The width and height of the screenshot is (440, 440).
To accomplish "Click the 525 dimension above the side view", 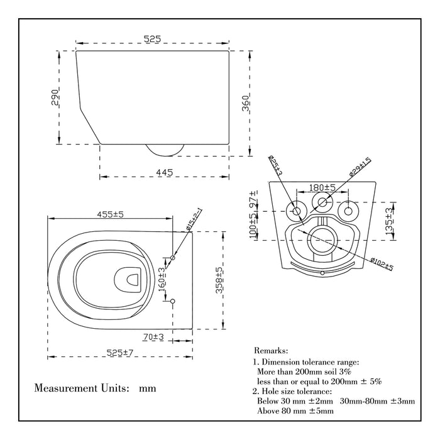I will coord(152,39).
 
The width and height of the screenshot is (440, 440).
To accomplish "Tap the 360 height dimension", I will coord(246,102).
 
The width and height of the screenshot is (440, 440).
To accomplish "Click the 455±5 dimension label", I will coord(110,214).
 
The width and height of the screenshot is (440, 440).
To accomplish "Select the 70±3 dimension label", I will coord(153,338).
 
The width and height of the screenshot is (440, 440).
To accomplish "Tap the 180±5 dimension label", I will coord(322,187).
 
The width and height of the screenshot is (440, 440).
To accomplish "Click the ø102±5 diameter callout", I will coord(382,265).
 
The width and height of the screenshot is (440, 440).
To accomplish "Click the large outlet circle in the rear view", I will coord(322,239).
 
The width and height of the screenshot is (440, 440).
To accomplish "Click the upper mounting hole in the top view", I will coord(173,258).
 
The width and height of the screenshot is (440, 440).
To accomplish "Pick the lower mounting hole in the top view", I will coord(173,301).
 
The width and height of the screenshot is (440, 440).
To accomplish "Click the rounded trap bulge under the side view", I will coord(165,148).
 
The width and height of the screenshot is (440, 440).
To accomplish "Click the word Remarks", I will coord(271,350).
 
